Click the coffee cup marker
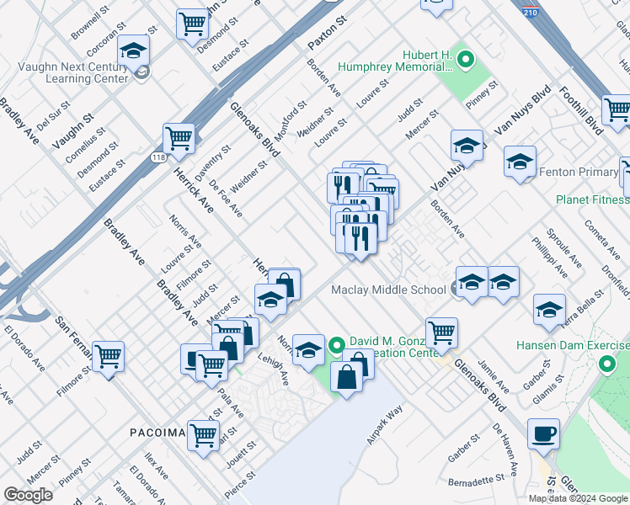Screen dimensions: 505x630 [543, 434]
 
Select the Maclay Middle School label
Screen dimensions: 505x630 [388, 290]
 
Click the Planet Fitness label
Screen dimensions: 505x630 [592, 199]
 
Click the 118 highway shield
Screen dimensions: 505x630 [159, 157]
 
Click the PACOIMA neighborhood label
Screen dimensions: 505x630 [157, 433]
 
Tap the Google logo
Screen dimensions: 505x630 [28, 495]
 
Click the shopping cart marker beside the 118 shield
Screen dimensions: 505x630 [179, 138]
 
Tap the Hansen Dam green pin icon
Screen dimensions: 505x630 [606, 365]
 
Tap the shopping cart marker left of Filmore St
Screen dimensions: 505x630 [109, 357]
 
